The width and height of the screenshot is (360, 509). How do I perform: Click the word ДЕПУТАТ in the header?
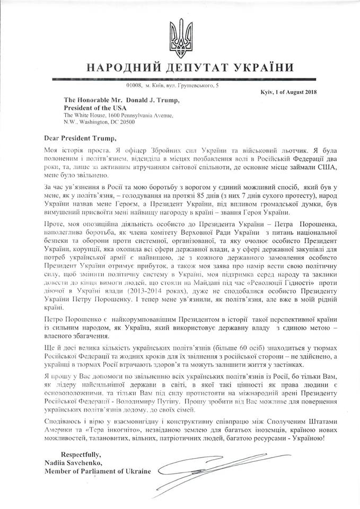click(x=189, y=67)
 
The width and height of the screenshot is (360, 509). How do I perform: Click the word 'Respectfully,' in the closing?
click(x=81, y=455)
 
